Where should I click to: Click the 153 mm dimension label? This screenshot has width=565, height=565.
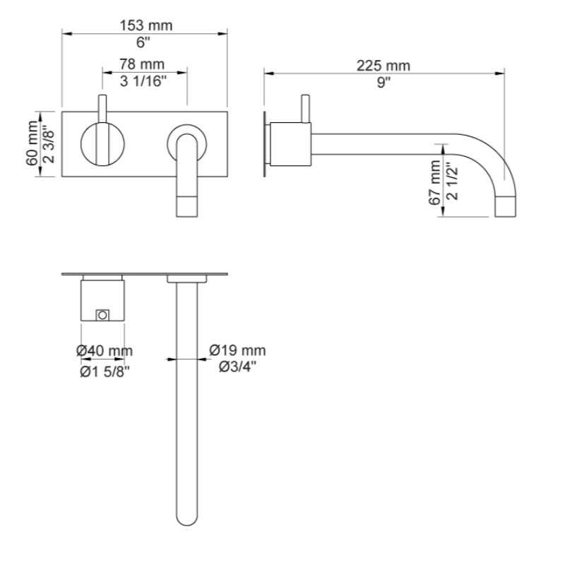(x=146, y=25)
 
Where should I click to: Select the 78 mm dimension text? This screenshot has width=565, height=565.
(x=142, y=64)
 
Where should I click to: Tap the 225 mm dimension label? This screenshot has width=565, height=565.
(x=383, y=66)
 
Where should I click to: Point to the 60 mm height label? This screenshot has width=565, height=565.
(x=32, y=143)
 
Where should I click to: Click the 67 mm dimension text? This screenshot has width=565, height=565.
(x=435, y=183)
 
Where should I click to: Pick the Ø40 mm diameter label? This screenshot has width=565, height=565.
(x=105, y=350)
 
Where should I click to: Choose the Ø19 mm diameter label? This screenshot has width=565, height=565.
(x=238, y=350)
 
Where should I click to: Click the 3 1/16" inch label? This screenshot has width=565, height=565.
(x=143, y=81)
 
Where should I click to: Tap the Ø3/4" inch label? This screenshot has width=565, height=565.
(x=238, y=367)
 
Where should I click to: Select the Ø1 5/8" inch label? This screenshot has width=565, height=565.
(x=105, y=372)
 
